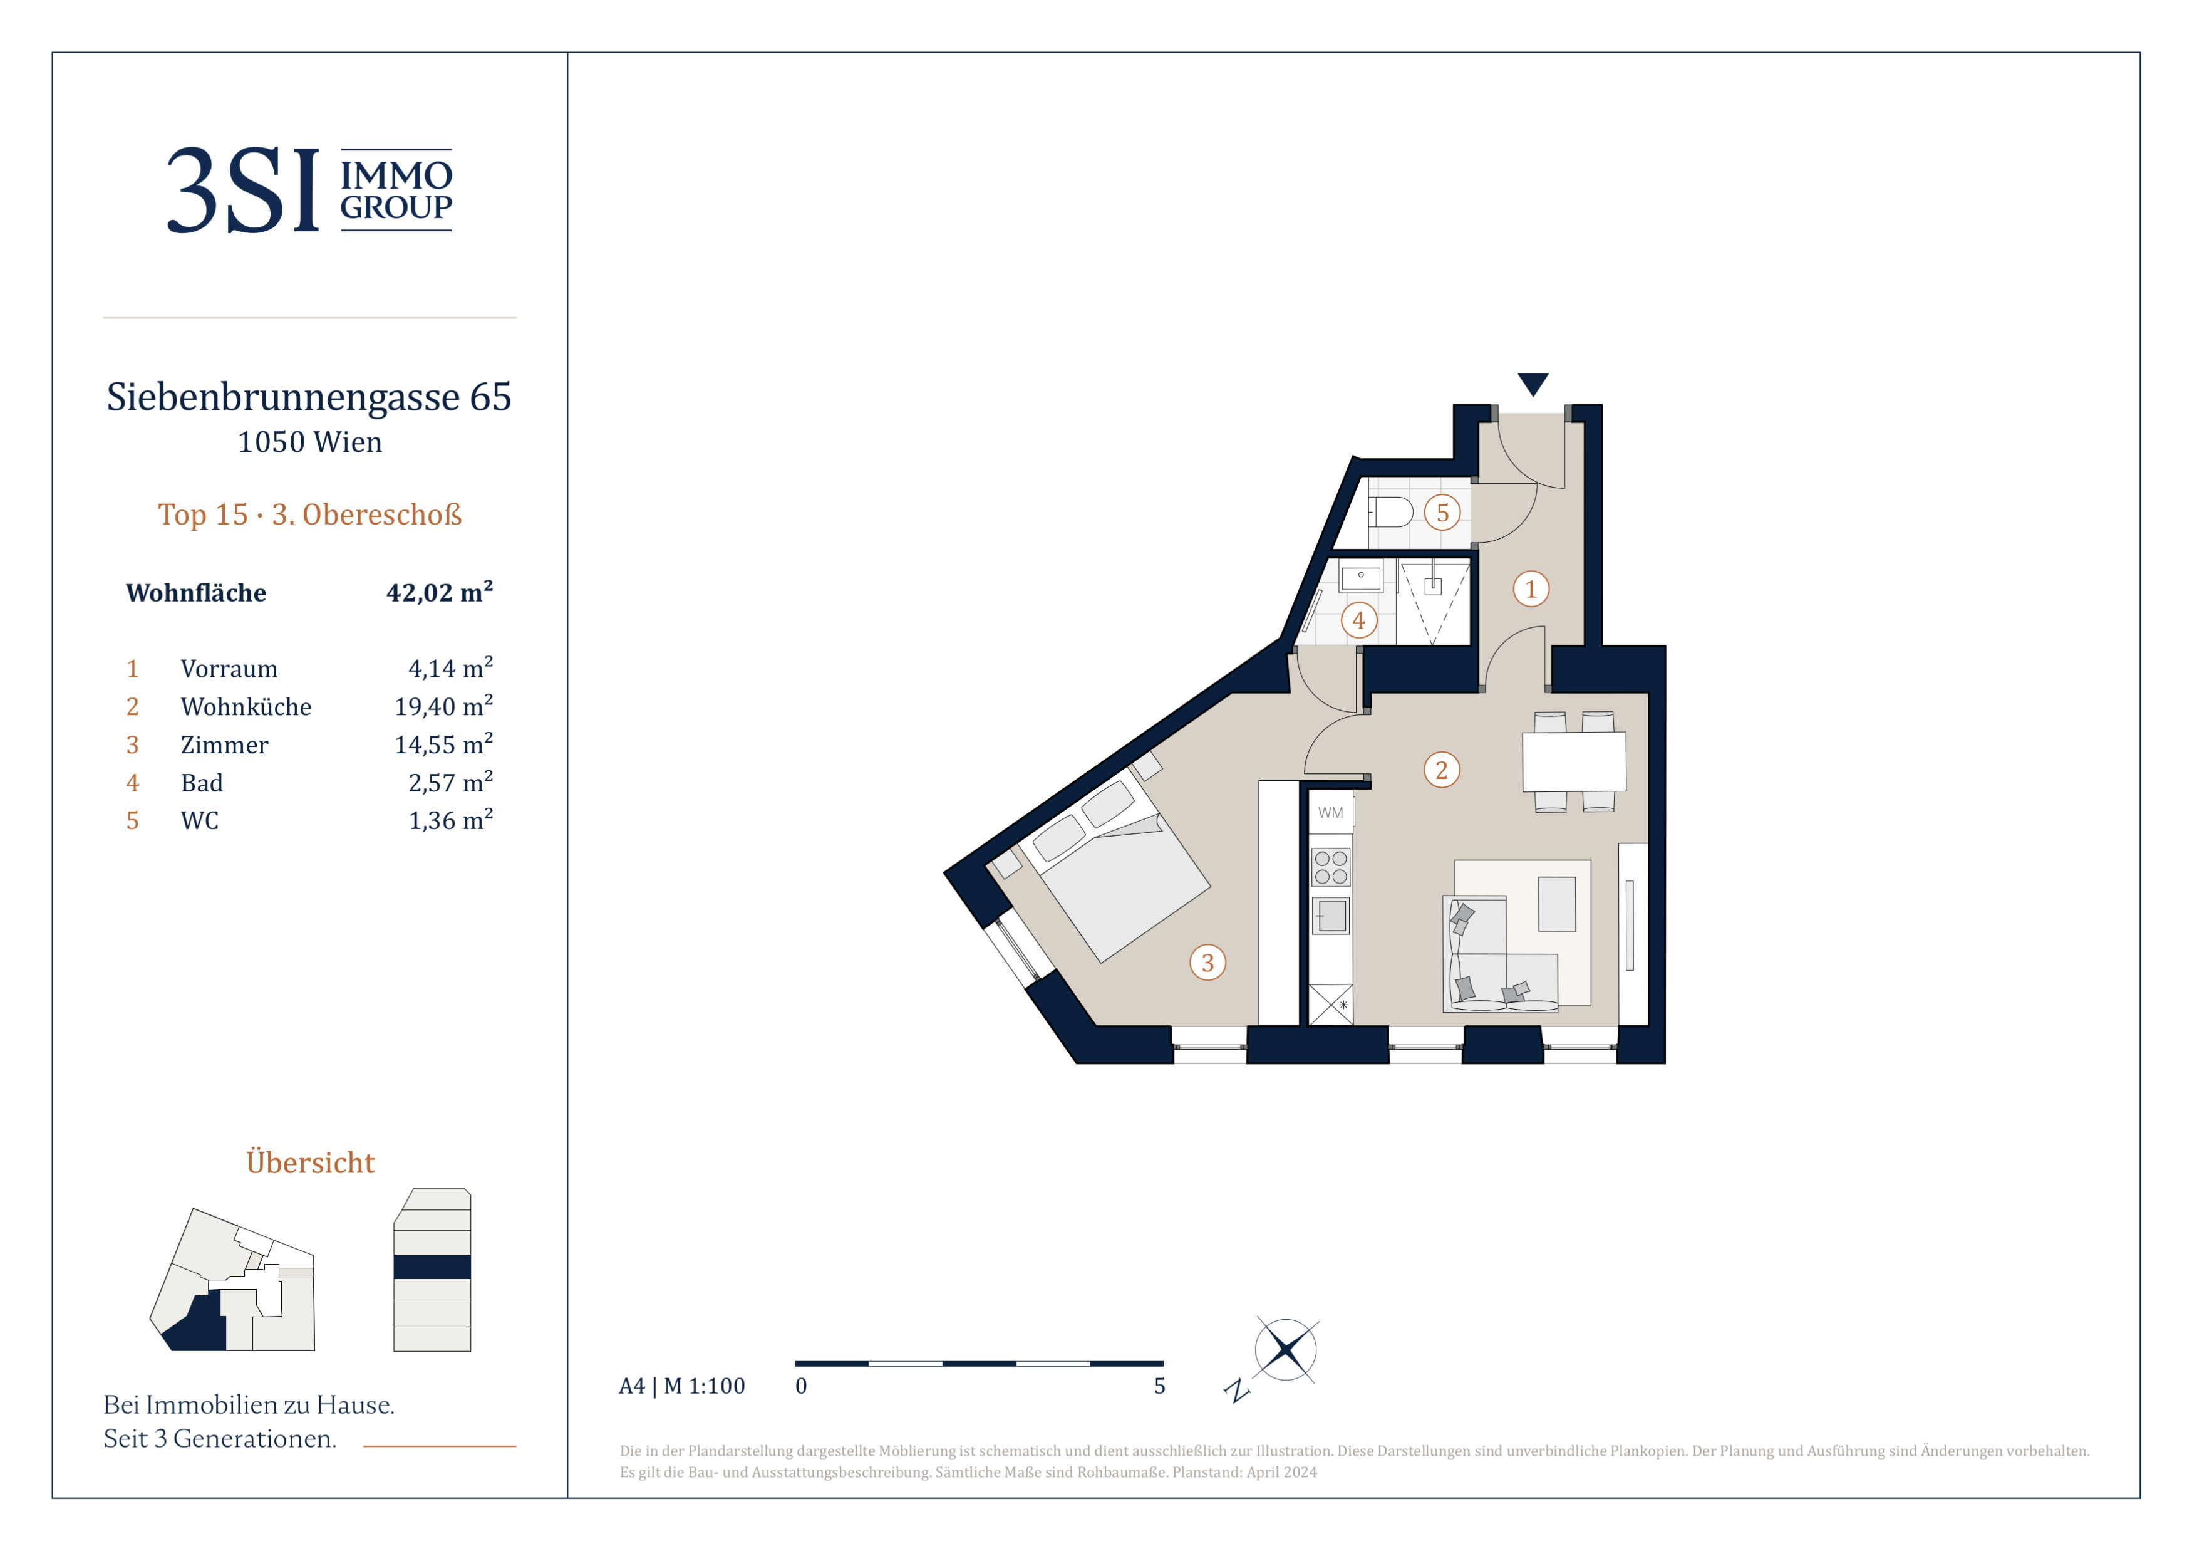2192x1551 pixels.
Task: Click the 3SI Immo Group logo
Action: point(310,189)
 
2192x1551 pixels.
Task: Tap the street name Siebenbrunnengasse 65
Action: point(309,396)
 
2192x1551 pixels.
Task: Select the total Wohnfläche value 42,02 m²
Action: point(439,592)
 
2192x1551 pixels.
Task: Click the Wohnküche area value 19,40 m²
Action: point(444,706)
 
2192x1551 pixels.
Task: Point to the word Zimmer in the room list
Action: point(224,745)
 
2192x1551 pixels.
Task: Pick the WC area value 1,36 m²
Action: point(451,820)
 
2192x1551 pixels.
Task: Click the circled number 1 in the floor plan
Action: point(1531,588)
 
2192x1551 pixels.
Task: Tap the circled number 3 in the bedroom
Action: point(1207,963)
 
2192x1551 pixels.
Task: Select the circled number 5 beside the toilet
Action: point(1442,513)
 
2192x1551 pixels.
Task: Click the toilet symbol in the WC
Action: point(1390,513)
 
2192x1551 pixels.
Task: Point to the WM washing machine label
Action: point(1330,813)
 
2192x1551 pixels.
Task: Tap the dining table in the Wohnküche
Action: point(1573,761)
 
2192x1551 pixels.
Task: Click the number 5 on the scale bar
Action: point(1159,1386)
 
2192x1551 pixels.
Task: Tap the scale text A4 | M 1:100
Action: point(681,1386)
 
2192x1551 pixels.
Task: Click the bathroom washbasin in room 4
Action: point(1360,578)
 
